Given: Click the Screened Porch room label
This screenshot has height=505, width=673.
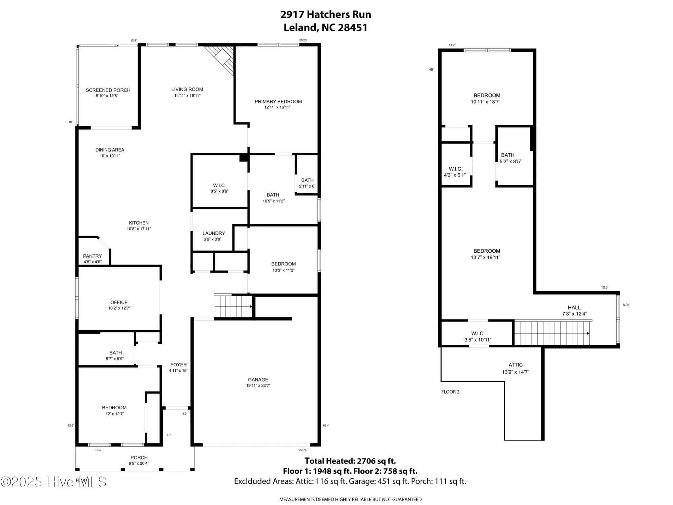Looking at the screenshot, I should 108,90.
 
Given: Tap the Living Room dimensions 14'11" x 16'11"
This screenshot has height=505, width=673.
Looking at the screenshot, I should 187,96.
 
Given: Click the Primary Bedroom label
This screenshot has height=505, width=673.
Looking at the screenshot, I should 278,101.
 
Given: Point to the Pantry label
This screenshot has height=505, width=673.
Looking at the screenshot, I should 92,256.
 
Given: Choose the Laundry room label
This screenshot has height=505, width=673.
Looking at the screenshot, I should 214,233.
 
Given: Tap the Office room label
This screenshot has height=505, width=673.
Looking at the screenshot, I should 119,302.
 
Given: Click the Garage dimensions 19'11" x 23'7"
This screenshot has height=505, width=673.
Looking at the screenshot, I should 258,385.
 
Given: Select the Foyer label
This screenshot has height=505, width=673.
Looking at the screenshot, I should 178,365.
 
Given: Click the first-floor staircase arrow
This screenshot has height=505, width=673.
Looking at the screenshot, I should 251,306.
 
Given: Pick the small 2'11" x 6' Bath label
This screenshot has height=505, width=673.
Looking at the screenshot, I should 307,180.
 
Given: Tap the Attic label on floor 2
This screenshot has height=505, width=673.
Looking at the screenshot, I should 516,365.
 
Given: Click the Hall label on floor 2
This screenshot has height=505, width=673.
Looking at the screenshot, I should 574,307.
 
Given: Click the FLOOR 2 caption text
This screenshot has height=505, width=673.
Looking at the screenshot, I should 450,392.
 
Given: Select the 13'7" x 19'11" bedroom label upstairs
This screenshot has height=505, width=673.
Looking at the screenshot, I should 487,251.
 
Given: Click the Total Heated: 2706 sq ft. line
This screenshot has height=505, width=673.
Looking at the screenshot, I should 350,461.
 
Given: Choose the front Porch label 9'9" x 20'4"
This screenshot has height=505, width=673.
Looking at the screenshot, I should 139,458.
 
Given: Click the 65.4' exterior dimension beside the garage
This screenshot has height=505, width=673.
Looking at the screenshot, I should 326,426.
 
